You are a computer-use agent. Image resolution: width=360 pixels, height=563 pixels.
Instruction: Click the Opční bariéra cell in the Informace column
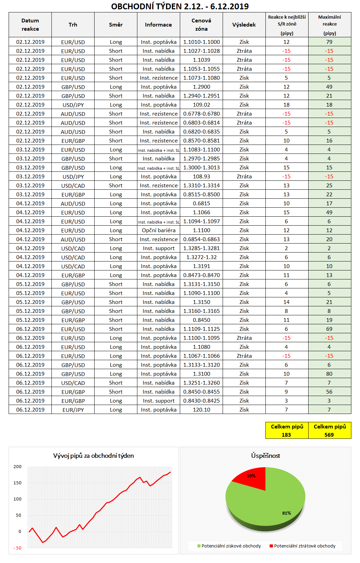click(x=158, y=230)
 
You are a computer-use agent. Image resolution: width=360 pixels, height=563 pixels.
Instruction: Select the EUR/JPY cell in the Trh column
click(x=73, y=410)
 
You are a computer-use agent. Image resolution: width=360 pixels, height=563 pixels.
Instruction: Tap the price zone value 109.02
click(x=201, y=105)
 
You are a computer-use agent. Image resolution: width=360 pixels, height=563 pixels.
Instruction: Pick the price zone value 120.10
click(x=201, y=409)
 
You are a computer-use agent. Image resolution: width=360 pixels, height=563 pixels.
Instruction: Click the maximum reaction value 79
click(x=329, y=42)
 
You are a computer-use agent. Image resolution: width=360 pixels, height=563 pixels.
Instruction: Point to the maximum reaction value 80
click(x=329, y=374)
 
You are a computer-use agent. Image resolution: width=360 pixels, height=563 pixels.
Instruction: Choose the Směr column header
click(x=116, y=24)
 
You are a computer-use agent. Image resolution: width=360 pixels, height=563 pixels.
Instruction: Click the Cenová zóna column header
click(x=201, y=24)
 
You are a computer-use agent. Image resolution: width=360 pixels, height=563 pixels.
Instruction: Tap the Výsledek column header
click(x=244, y=24)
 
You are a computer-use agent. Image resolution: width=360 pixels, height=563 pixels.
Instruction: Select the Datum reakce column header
click(x=30, y=24)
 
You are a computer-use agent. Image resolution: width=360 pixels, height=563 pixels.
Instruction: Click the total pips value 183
click(x=286, y=435)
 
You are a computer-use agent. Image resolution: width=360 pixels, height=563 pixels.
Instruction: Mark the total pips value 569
click(x=329, y=435)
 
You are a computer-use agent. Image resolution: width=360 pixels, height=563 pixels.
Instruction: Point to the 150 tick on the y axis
click(x=17, y=483)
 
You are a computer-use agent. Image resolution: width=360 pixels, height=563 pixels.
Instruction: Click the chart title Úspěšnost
click(x=265, y=455)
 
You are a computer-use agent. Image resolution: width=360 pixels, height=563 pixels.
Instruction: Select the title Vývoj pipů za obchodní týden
click(x=93, y=455)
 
